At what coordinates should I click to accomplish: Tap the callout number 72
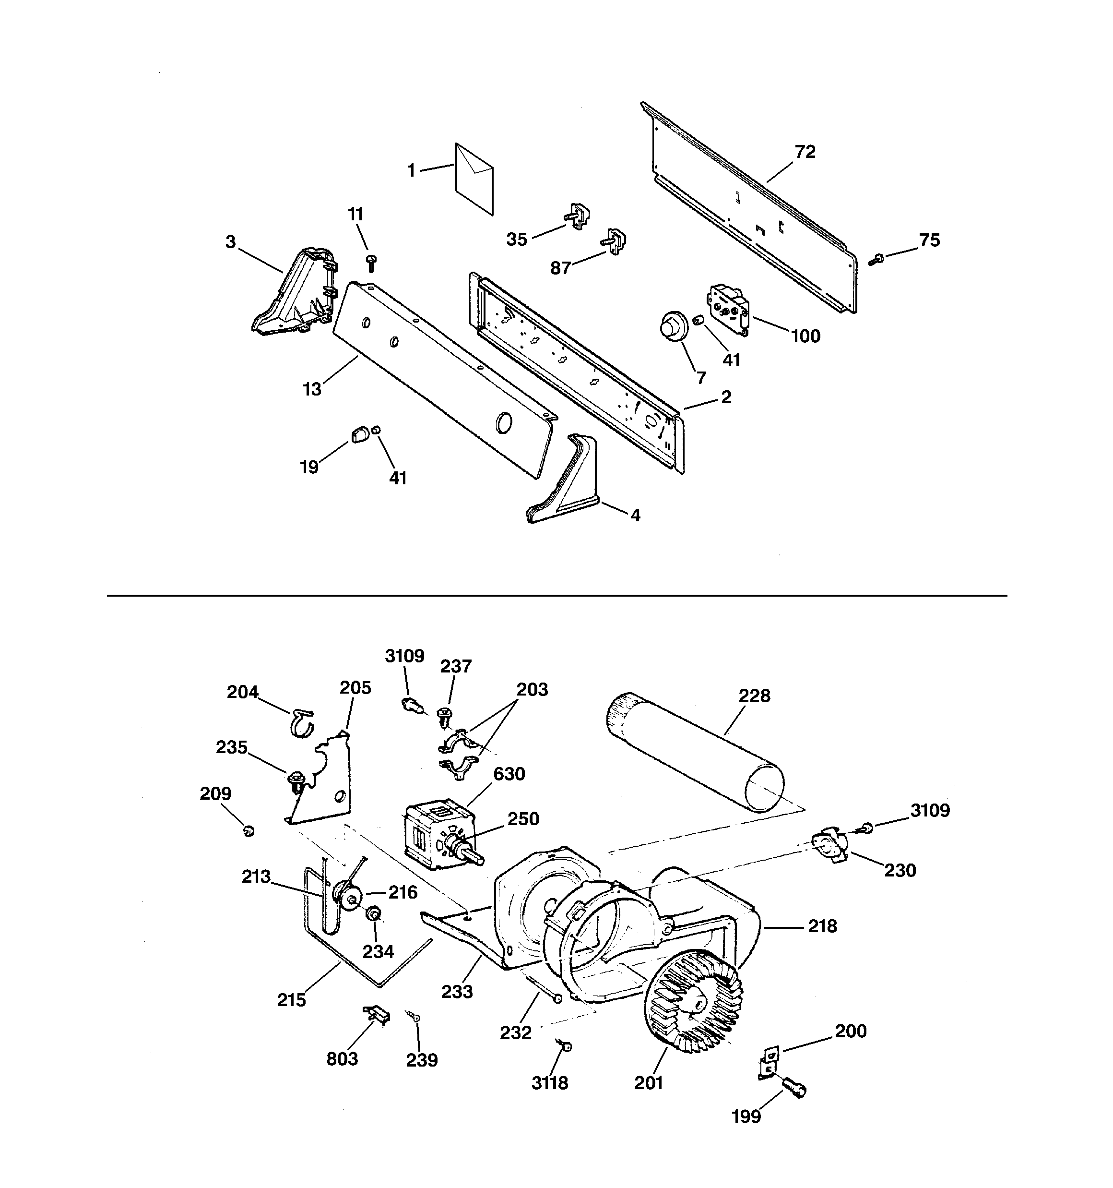(805, 152)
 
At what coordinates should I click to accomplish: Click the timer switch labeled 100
(728, 307)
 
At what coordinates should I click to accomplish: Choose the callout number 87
(560, 269)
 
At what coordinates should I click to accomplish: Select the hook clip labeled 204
(302, 721)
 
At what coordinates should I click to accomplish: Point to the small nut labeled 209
(249, 830)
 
